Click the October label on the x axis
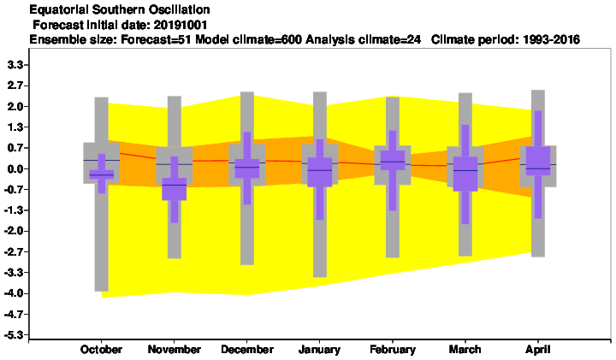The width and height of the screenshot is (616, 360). click(x=101, y=350)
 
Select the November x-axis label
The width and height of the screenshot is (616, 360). click(x=174, y=350)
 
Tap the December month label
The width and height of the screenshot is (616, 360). click(x=247, y=350)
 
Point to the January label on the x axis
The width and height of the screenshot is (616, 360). click(x=319, y=350)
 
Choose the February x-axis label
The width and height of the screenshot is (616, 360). click(x=393, y=350)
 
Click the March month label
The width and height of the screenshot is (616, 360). click(x=465, y=350)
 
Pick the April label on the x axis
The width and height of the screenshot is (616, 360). click(x=538, y=350)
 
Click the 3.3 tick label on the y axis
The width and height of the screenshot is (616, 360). click(x=15, y=65)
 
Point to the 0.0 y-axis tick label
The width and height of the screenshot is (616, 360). click(x=15, y=168)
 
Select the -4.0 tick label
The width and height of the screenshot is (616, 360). click(x=14, y=293)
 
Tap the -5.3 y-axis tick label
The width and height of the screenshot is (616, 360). click(x=14, y=335)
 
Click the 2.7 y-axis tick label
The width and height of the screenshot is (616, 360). click(x=15, y=86)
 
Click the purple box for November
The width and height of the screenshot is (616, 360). click(x=175, y=189)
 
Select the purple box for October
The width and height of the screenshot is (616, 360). click(x=101, y=174)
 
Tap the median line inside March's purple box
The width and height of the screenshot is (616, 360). click(x=465, y=171)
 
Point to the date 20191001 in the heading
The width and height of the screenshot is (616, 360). click(x=181, y=25)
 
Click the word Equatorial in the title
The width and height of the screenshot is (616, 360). click(x=53, y=9)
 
